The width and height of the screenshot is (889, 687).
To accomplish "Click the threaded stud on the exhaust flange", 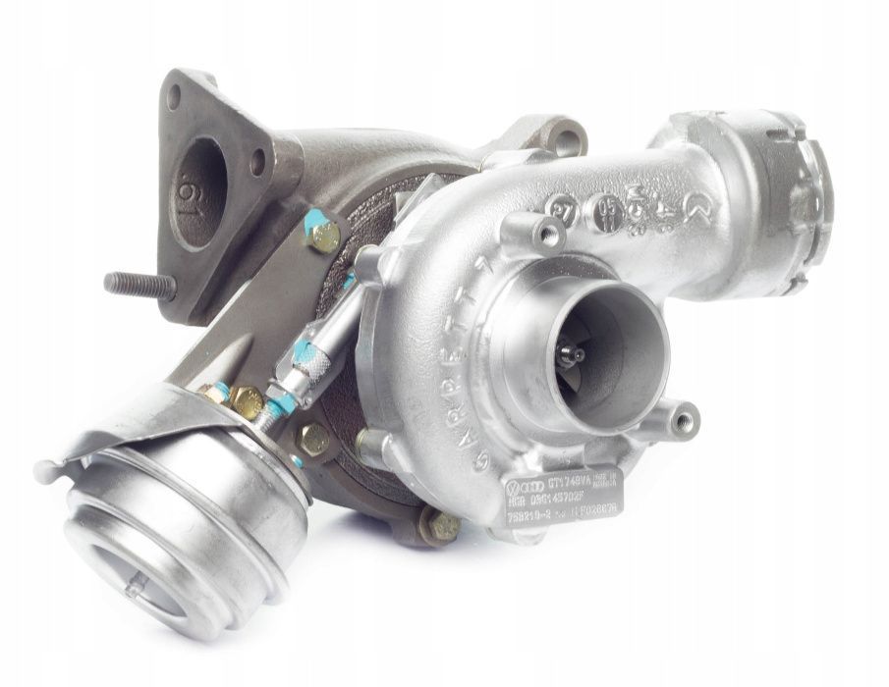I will pos(138,285).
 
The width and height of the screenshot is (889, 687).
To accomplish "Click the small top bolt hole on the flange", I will pos(174,95).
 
